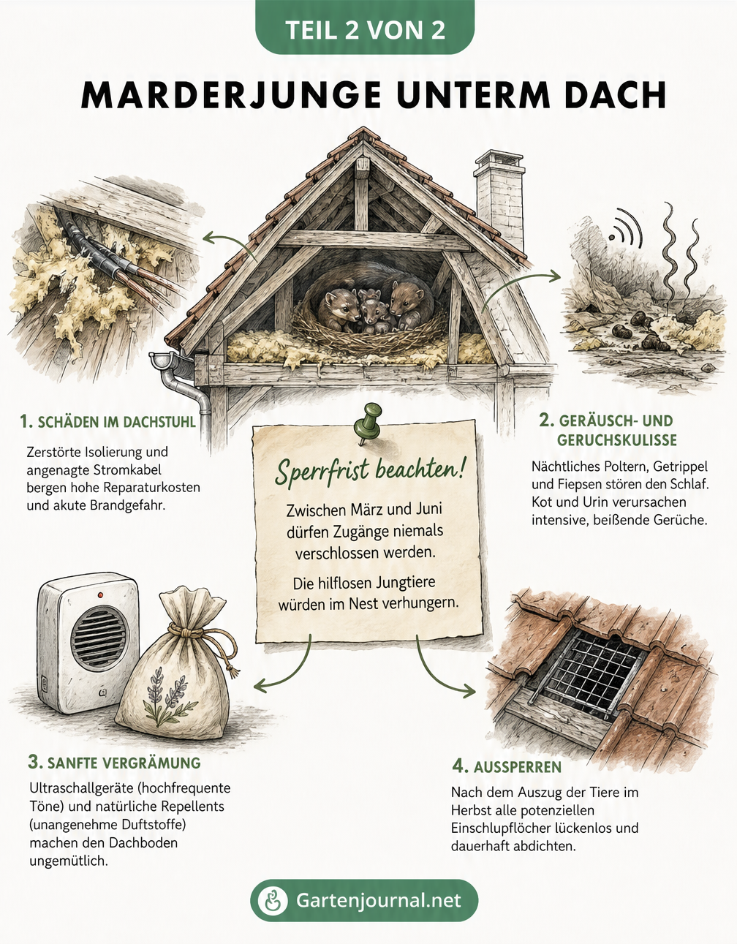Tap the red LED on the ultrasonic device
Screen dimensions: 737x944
pos(100,594)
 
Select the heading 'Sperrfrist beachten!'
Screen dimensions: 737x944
pos(369,472)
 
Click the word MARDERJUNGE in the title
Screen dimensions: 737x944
pos(231,94)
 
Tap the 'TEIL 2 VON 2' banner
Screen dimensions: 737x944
pos(365,29)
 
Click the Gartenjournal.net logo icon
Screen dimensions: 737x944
pos(273,901)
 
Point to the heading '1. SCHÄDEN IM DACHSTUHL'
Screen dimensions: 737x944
pos(107,421)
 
